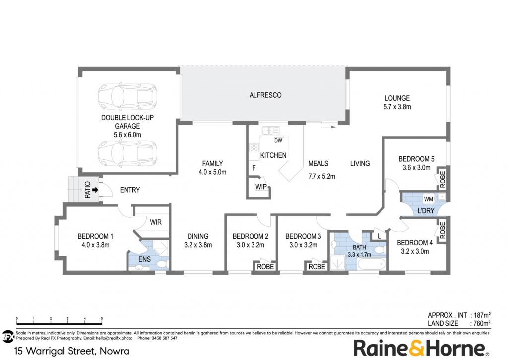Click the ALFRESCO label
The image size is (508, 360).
click(265, 95)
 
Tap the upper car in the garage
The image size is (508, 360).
click(127, 96)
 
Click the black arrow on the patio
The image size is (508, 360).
click(95, 190)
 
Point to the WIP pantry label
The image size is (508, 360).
click(261, 187)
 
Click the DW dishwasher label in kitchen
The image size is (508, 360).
click(278, 141)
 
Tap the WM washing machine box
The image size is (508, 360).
click(428, 199)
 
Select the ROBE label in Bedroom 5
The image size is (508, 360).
click(443, 179)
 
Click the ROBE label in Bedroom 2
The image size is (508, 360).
click(265, 267)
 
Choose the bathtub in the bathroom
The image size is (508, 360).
click(372, 264)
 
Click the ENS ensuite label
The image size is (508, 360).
click(144, 259)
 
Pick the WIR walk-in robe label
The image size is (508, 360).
click(156, 222)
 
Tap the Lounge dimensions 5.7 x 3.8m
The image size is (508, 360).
click(397, 107)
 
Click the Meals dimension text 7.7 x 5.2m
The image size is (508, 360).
click(321, 176)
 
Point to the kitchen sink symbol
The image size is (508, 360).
click(270, 131)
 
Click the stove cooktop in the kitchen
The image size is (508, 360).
click(254, 148)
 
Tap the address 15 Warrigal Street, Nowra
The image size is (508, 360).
click(72, 351)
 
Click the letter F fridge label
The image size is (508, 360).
click(254, 168)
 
